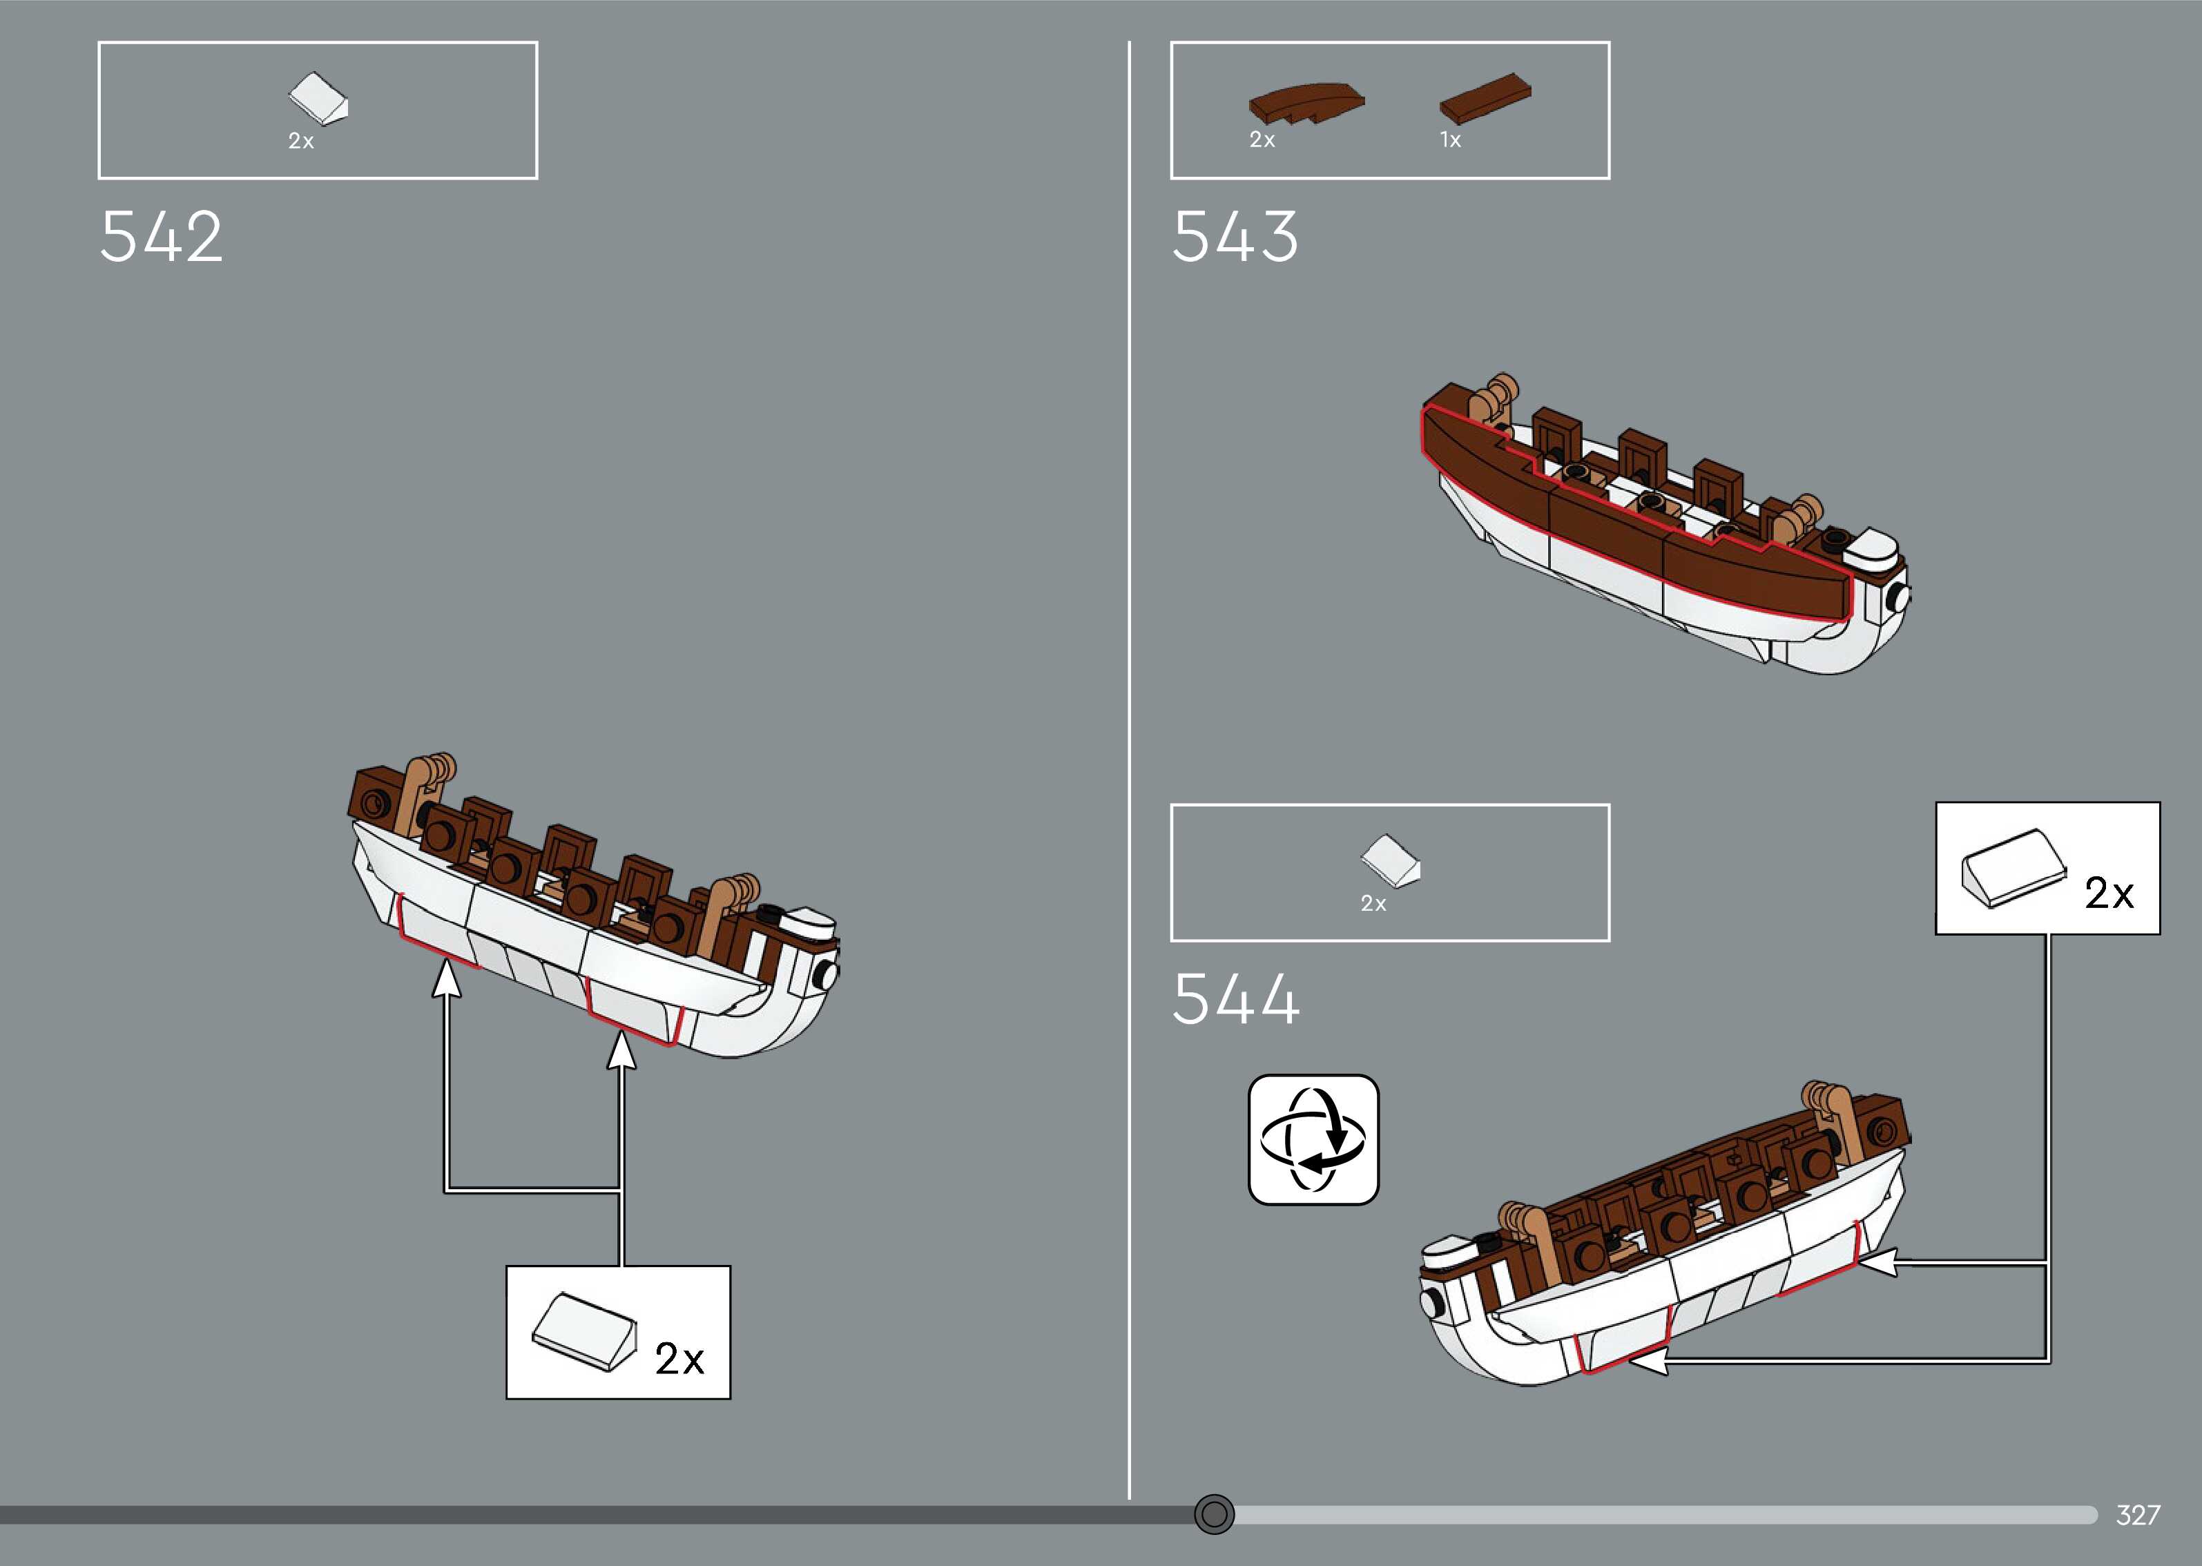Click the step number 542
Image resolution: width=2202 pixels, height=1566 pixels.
(x=161, y=238)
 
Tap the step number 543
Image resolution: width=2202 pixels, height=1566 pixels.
(x=1235, y=238)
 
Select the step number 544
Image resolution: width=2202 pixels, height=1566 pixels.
(x=1235, y=1000)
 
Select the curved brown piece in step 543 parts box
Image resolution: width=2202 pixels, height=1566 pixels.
(x=1306, y=103)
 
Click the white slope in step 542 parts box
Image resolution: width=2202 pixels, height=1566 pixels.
(x=319, y=98)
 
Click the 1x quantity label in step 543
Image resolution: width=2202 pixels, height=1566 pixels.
(x=1450, y=141)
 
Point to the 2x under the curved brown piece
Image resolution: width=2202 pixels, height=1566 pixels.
(x=1262, y=141)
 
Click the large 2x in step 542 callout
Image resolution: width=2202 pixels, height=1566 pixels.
(x=679, y=1359)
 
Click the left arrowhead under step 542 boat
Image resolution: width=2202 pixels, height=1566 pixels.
(x=445, y=979)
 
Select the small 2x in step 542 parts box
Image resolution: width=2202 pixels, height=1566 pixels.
(x=301, y=142)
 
